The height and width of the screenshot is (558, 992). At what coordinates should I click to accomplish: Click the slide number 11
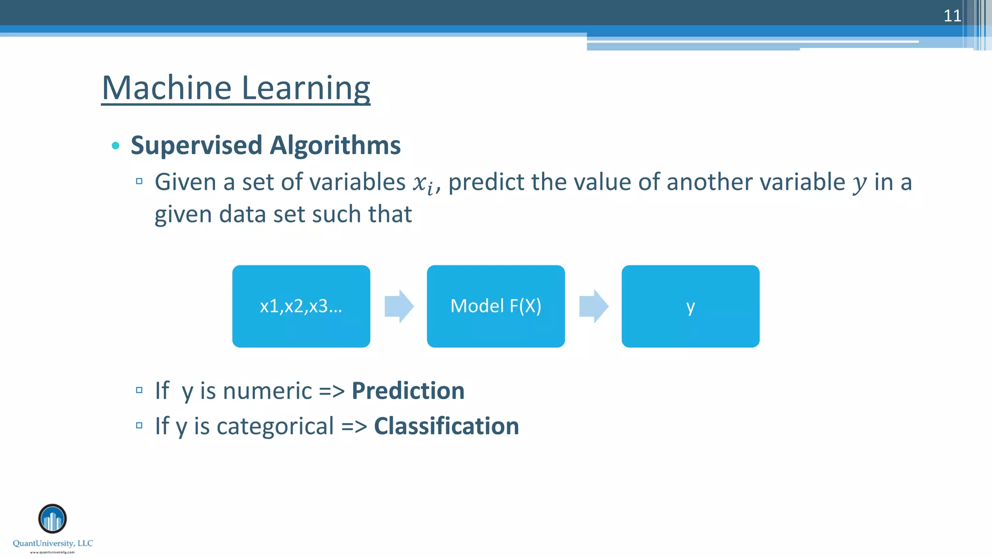[952, 15]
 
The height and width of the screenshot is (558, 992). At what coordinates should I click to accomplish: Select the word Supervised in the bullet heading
[197, 145]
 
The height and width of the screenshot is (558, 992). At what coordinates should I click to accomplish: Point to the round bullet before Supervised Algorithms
[115, 145]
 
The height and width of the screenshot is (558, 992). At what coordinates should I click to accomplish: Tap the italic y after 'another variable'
[860, 183]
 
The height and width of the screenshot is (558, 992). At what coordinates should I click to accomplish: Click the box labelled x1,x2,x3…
[301, 306]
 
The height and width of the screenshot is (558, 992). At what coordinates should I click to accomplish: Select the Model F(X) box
[496, 306]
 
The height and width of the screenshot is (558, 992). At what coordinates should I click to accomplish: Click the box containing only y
[690, 306]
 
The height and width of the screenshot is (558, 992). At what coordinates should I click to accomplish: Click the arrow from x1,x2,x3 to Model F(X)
[399, 306]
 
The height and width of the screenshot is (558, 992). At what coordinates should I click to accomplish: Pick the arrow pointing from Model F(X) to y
[593, 306]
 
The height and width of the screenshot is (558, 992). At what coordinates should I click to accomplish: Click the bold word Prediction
[408, 390]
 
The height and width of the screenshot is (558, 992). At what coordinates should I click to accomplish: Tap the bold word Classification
[446, 426]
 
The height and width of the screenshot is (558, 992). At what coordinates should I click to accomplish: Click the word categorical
[275, 426]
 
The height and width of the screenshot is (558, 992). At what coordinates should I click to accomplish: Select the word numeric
[267, 390]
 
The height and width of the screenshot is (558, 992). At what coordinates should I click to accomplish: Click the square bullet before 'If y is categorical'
[139, 426]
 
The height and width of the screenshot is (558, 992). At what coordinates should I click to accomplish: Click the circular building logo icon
[52, 519]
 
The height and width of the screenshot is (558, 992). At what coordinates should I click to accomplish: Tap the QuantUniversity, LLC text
[53, 543]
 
